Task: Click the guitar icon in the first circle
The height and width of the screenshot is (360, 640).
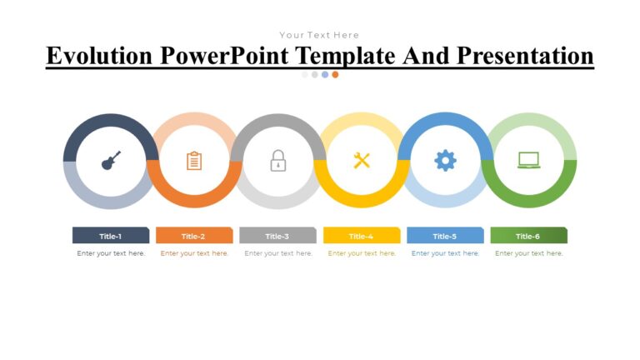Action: [111, 160]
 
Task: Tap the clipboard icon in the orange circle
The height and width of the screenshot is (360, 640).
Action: [194, 160]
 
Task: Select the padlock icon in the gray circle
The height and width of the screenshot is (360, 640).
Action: [277, 160]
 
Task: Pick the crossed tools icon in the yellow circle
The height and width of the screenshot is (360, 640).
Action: [362, 160]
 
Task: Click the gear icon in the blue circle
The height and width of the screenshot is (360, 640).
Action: [445, 160]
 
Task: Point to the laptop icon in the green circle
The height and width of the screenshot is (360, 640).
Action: [528, 160]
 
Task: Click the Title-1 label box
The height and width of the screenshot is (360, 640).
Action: [111, 236]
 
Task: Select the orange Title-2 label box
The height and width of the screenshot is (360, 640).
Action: [194, 236]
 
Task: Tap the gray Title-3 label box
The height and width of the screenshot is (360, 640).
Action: [277, 236]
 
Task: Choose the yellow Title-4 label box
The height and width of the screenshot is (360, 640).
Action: [362, 236]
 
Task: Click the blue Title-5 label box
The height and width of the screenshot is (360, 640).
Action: [445, 236]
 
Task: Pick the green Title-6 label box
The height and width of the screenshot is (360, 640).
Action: [528, 236]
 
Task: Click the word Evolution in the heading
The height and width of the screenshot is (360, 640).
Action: [99, 56]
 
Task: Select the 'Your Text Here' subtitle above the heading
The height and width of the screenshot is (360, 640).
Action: [319, 35]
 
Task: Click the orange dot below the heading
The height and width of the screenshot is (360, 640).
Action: [335, 74]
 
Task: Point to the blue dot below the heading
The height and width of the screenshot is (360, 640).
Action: [325, 74]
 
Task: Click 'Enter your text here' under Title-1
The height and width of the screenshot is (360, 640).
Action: [111, 253]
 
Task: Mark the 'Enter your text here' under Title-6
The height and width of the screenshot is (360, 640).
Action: [528, 253]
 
